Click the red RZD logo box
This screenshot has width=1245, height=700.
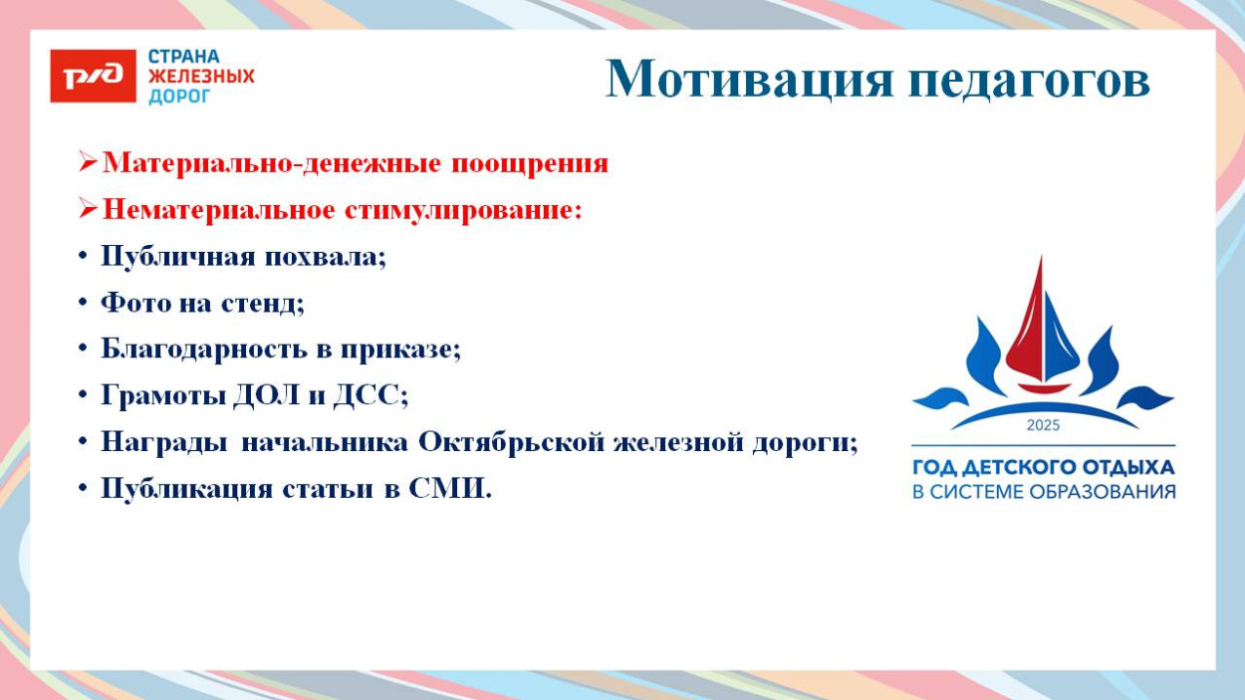pyautogui.click(x=93, y=77)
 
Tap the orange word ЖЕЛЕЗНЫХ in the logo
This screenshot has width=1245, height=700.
pyautogui.click(x=201, y=77)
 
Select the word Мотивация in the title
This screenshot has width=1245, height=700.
pyautogui.click(x=750, y=79)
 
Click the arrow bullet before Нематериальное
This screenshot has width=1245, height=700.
pyautogui.click(x=89, y=210)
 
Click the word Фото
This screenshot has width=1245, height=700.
pyautogui.click(x=134, y=303)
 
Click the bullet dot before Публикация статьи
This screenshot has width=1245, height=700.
pyautogui.click(x=83, y=489)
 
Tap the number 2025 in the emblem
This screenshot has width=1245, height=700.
pyautogui.click(x=1043, y=425)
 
